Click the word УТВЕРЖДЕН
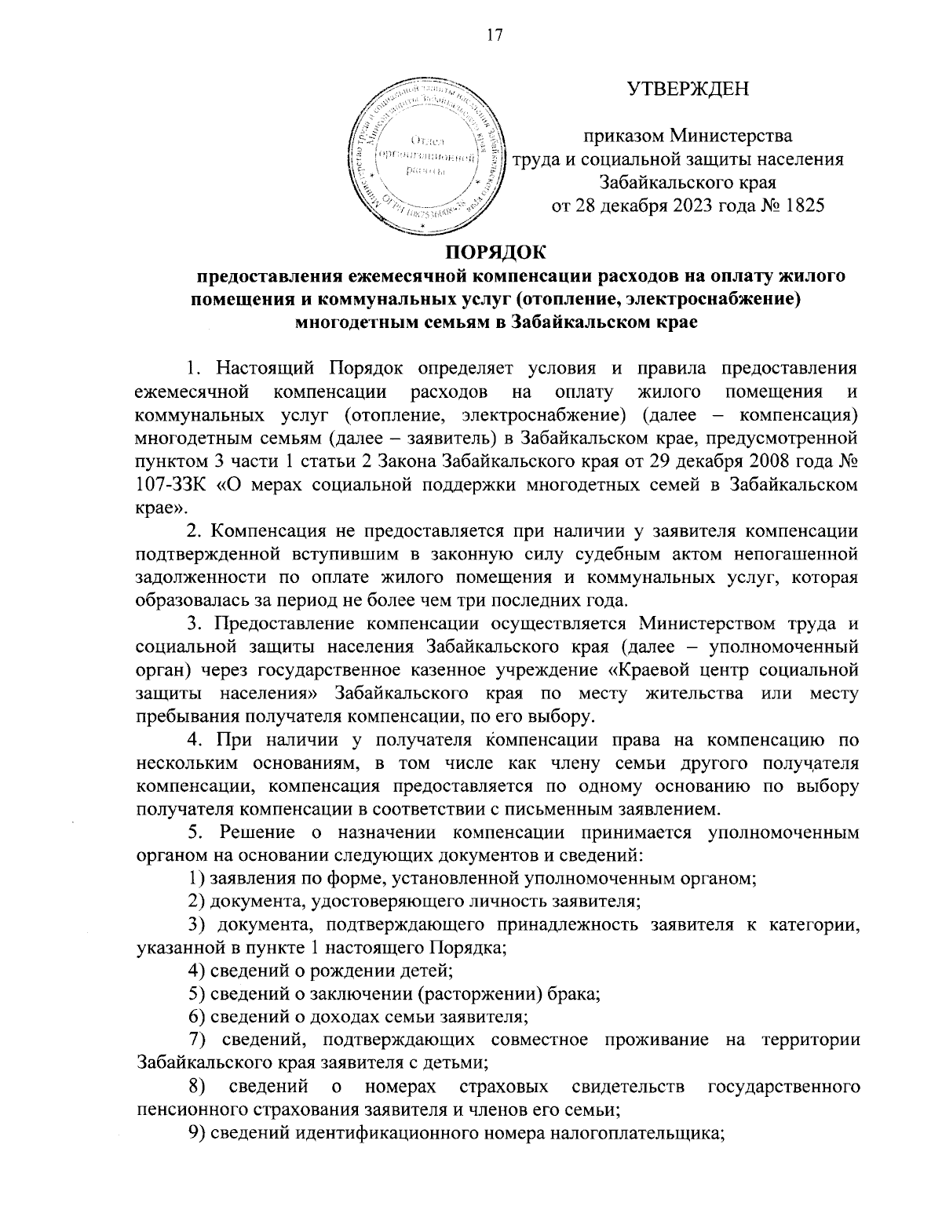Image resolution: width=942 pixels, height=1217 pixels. point(688,89)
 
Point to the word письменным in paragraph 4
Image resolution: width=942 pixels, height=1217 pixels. point(564,807)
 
